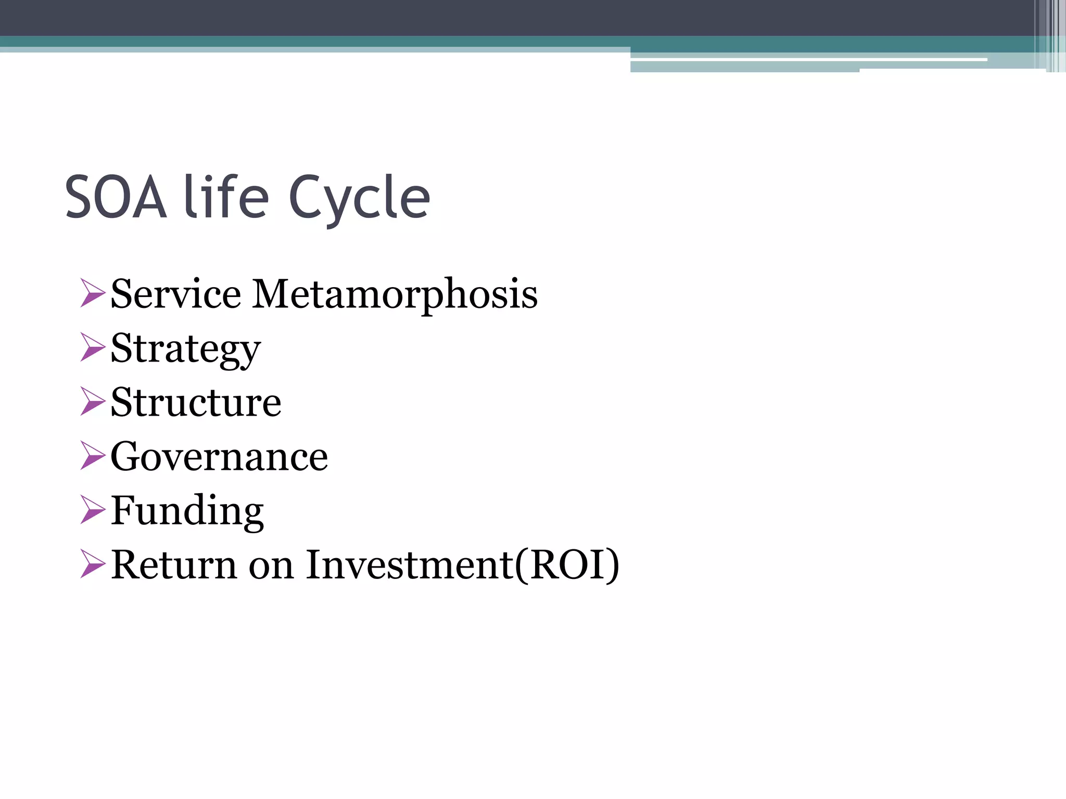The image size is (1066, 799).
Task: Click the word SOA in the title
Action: tap(116, 198)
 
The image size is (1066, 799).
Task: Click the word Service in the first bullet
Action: tap(176, 294)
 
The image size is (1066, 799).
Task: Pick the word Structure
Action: tap(196, 403)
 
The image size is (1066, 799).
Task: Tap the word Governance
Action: tap(219, 457)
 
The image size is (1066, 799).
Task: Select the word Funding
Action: tap(187, 511)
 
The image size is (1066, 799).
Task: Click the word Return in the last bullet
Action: tap(174, 565)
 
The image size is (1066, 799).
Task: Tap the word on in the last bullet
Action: tap(271, 567)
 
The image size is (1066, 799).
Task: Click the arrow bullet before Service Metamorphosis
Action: tap(93, 293)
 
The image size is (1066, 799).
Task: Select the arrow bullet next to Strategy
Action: tap(93, 347)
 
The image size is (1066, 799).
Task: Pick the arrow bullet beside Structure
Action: tap(93, 401)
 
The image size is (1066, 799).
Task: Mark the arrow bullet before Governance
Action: tap(93, 455)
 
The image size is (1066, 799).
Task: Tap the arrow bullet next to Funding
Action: tap(93, 509)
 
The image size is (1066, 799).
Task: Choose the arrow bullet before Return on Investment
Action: tap(93, 564)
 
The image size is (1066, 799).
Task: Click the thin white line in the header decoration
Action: tap(807, 60)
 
